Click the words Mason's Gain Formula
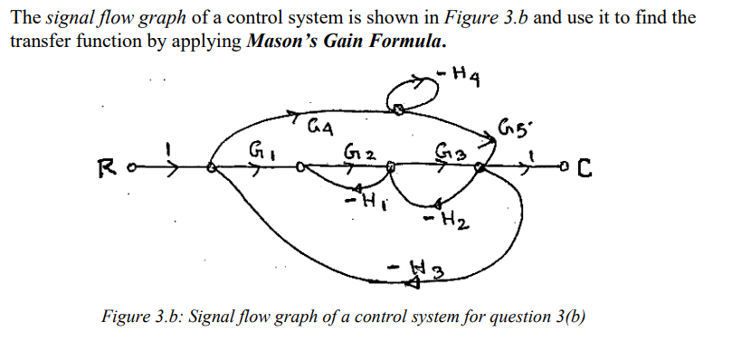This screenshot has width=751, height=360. click(x=346, y=43)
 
